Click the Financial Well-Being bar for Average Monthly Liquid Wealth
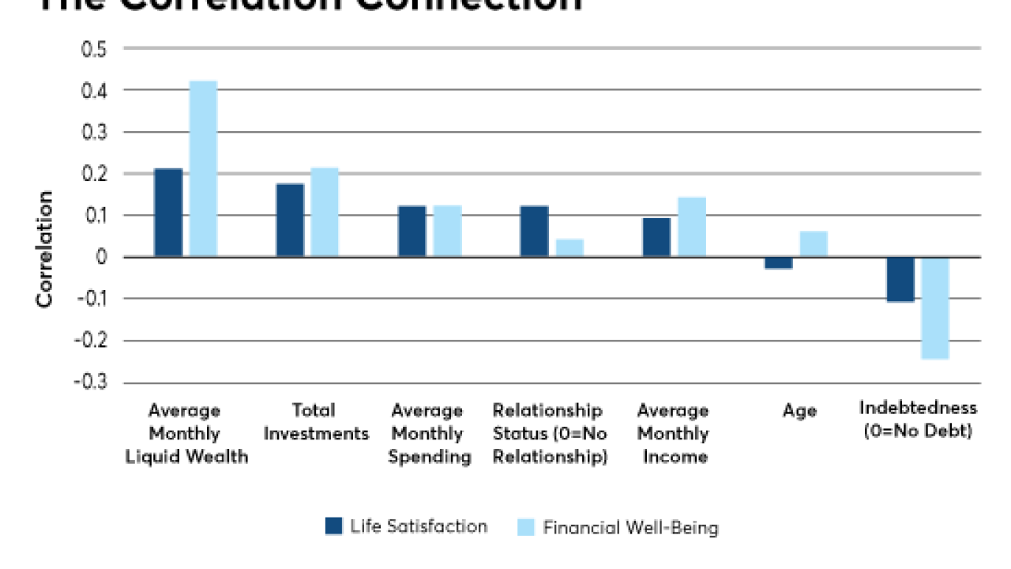pos(203,168)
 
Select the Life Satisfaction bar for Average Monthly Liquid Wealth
pos(168,213)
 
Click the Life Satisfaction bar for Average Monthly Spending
pos(412,231)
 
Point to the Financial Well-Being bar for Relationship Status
pos(569,247)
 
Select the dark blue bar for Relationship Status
pos(534,231)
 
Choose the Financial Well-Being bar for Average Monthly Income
pos(691,227)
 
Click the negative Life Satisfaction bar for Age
pos(778,263)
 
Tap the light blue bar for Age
pos(814,243)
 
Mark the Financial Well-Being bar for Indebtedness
pos(935,308)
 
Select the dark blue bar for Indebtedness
pos(900,279)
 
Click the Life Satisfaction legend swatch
pos(334,526)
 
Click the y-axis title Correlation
pos(46,248)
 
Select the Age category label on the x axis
pos(799,411)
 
